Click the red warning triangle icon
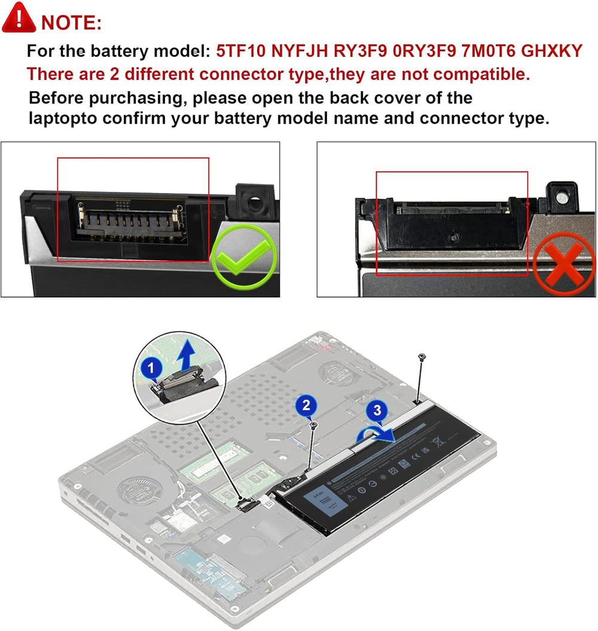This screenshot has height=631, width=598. click(19, 18)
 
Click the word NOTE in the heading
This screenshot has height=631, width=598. click(71, 23)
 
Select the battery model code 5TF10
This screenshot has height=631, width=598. click(241, 51)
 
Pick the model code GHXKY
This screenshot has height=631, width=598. click(552, 51)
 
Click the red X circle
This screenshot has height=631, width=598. click(563, 263)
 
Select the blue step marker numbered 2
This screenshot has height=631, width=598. click(306, 406)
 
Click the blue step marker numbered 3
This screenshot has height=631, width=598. click(377, 411)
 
